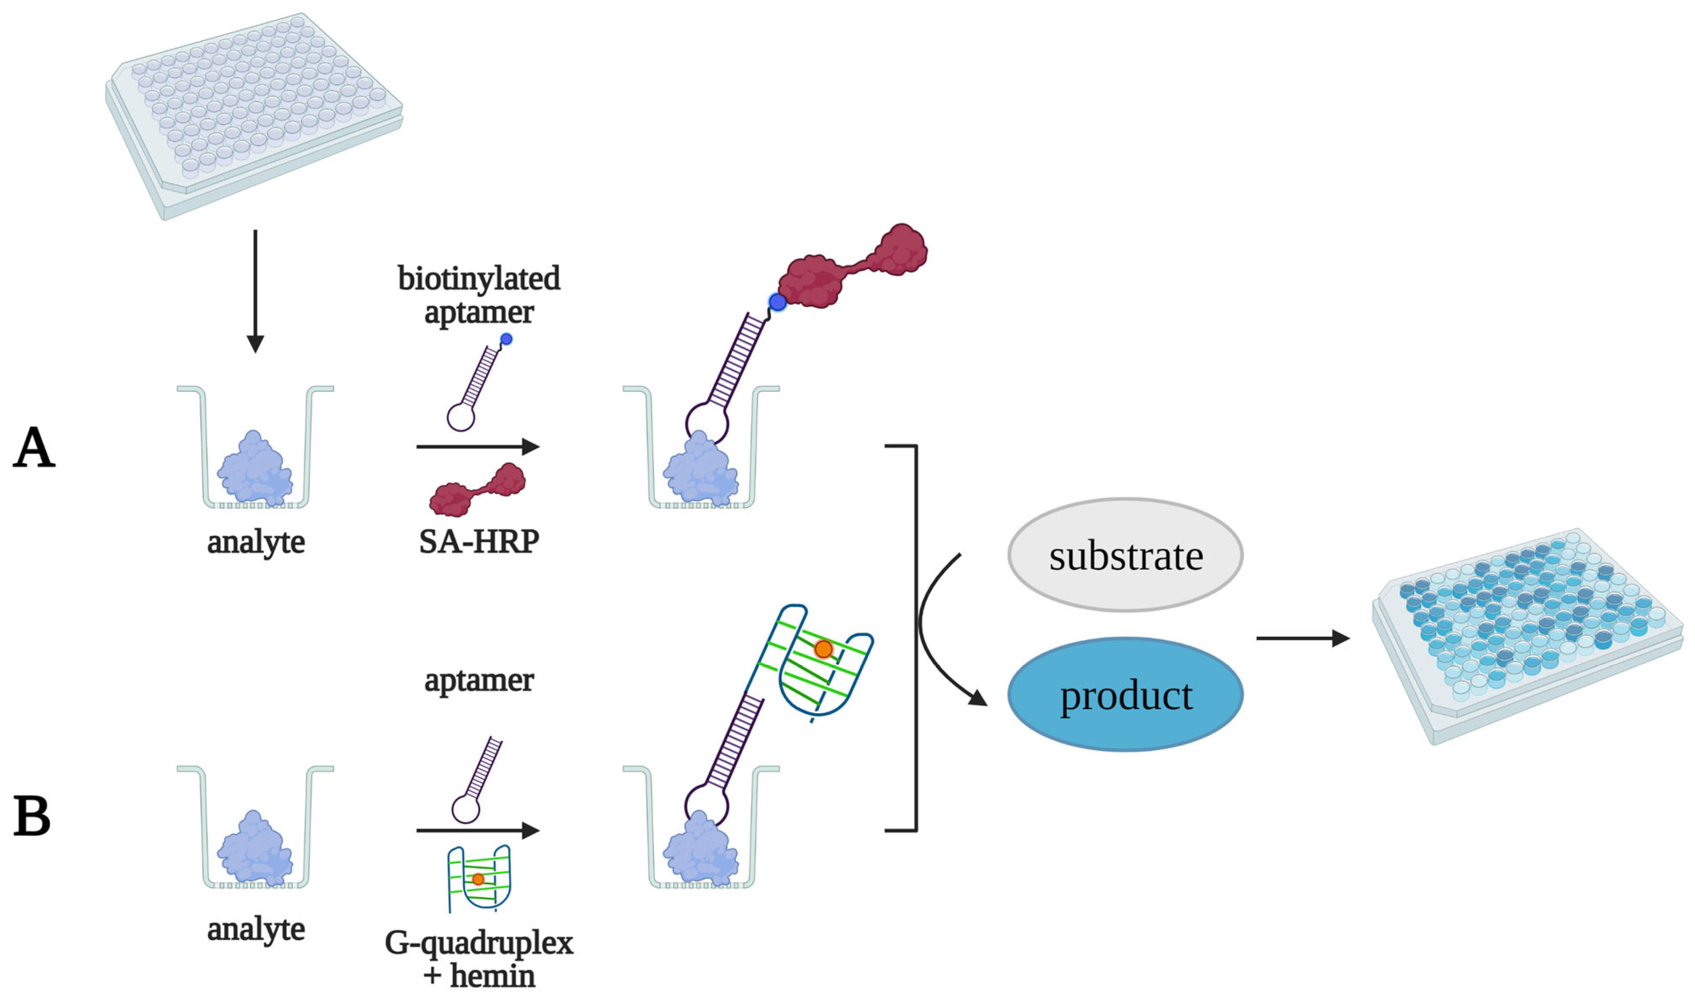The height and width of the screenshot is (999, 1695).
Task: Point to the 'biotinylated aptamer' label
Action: [x=479, y=295]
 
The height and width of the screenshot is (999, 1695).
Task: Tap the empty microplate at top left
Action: [x=254, y=114]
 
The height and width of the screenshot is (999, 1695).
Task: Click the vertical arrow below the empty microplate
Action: [x=255, y=290]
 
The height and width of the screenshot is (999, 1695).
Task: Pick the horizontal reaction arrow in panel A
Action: [x=477, y=446]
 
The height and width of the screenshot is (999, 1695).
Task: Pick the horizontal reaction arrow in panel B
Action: [x=477, y=830]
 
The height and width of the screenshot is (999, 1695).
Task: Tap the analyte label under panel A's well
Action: [x=256, y=542]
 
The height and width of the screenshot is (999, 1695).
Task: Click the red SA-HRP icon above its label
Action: [x=478, y=490]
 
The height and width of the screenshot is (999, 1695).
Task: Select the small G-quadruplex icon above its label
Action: [x=479, y=877]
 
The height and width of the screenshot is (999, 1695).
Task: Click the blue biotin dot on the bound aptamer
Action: [x=777, y=302]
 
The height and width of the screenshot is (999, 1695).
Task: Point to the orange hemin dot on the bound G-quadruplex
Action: [x=823, y=649]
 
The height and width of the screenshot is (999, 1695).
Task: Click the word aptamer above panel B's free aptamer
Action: [x=479, y=680]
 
